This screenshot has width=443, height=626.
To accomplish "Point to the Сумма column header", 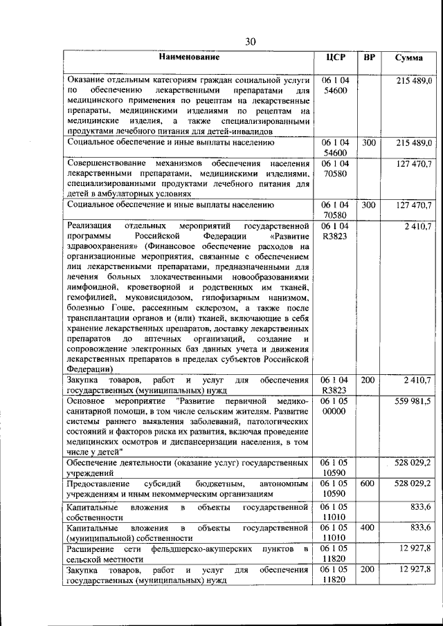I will [409, 58].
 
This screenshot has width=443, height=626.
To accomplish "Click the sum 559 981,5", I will [413, 401].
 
